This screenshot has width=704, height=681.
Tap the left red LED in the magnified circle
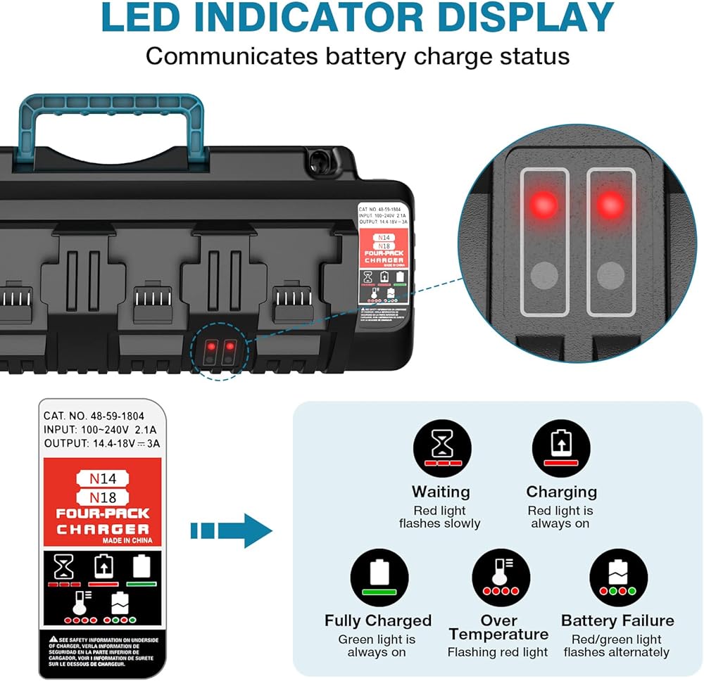tap(543, 204)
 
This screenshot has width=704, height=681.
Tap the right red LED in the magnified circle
tap(610, 204)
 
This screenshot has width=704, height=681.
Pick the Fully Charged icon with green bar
tap(379, 577)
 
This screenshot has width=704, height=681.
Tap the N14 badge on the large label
tap(103, 478)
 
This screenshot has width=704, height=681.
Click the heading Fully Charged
tap(378, 620)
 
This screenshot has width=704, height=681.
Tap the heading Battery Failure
tap(617, 620)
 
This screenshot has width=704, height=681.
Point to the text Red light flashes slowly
tap(440, 517)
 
